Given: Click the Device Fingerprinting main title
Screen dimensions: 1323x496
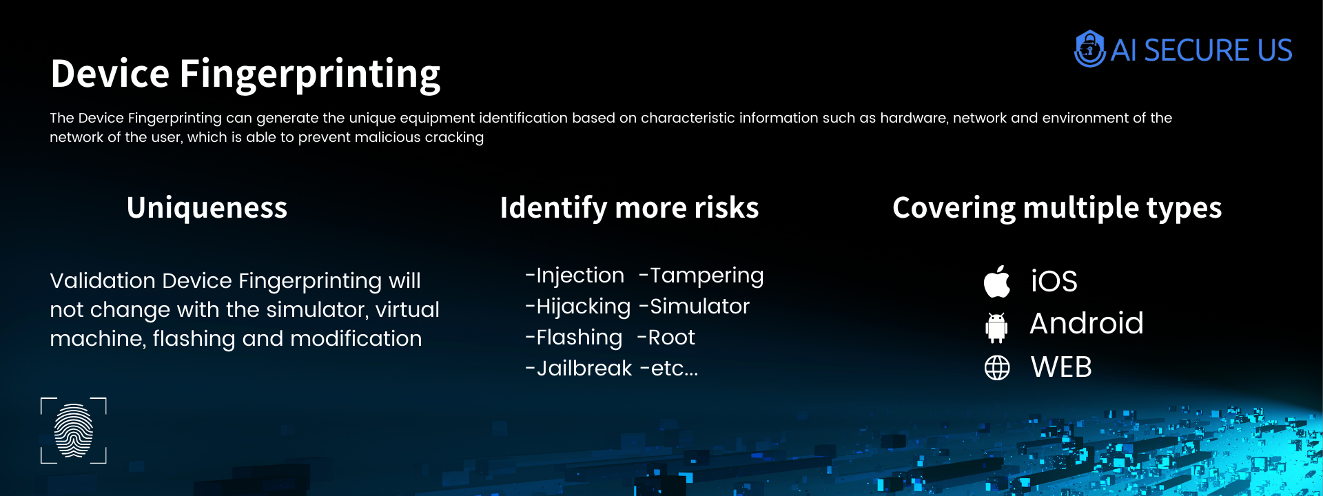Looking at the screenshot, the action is [x=245, y=74].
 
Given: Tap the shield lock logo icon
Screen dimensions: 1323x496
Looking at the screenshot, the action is [x=1089, y=48].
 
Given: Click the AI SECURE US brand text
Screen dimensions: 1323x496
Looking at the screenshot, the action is [x=1201, y=50].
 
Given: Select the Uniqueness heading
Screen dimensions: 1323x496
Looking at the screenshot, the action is [x=207, y=208].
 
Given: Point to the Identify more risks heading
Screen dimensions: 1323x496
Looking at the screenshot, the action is [x=629, y=208].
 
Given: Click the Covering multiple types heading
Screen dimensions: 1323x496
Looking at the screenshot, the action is [x=1057, y=208].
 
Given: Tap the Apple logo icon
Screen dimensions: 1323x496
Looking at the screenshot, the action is [x=997, y=281].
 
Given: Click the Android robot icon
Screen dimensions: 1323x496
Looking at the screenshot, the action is [x=996, y=327].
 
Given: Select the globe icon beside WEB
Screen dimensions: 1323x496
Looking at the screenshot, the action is [x=997, y=368].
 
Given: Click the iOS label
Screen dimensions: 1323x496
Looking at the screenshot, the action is [x=1054, y=281].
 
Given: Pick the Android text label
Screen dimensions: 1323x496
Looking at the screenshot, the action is [x=1087, y=323].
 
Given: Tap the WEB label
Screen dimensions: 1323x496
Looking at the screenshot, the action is [x=1061, y=367].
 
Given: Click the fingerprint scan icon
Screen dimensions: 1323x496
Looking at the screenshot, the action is [x=74, y=431].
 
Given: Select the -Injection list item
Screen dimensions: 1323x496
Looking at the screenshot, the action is [x=575, y=276].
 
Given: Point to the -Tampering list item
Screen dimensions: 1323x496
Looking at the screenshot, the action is [x=701, y=276].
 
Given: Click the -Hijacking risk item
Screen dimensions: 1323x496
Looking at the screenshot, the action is [x=578, y=307].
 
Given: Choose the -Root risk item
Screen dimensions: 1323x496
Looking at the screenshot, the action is [x=666, y=338].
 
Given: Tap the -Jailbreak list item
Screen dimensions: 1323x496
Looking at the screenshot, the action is [x=579, y=369].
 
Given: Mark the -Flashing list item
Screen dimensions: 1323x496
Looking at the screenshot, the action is [x=574, y=338].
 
